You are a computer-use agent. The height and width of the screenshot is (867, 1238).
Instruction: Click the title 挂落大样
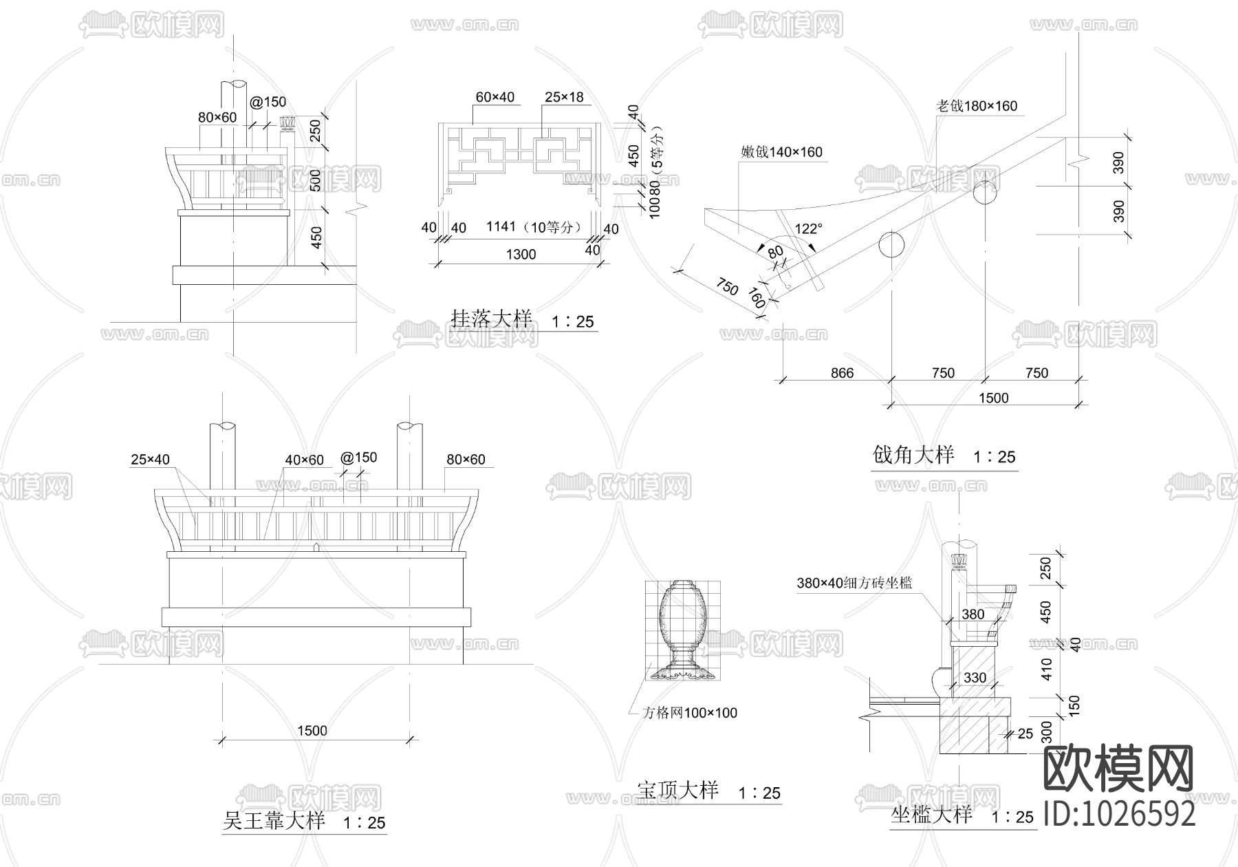point(491,319)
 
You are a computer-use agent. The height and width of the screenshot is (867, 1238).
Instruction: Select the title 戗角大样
point(913,455)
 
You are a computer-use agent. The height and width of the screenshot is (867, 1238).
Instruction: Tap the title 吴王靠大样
point(274,821)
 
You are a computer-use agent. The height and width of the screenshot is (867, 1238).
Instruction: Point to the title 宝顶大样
point(677,790)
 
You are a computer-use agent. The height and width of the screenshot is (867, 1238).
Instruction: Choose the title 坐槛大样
point(931,815)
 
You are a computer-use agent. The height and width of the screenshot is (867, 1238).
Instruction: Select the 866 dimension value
point(842,373)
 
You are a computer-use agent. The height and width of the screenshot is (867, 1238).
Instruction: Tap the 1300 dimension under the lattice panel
point(521,255)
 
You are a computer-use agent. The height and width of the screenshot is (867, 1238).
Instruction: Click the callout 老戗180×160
point(977,106)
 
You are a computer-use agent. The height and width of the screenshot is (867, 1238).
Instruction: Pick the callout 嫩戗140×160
point(781,152)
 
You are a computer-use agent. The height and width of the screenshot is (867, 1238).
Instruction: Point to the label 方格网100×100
point(690,713)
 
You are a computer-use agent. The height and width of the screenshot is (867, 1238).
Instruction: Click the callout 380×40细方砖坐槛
point(854,584)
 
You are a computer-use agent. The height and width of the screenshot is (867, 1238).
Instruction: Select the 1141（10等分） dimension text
point(534,226)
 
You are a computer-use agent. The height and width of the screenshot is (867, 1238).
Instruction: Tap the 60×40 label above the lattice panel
point(495,98)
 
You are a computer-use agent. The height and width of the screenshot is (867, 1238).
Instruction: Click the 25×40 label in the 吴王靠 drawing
point(150,460)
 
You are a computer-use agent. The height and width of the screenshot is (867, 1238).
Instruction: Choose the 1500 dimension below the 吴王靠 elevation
point(312,731)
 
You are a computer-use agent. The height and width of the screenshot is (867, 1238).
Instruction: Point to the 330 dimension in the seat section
point(975,678)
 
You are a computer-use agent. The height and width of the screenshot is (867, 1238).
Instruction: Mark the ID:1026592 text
point(1120,814)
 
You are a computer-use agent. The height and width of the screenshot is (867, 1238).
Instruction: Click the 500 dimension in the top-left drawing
point(316,180)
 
